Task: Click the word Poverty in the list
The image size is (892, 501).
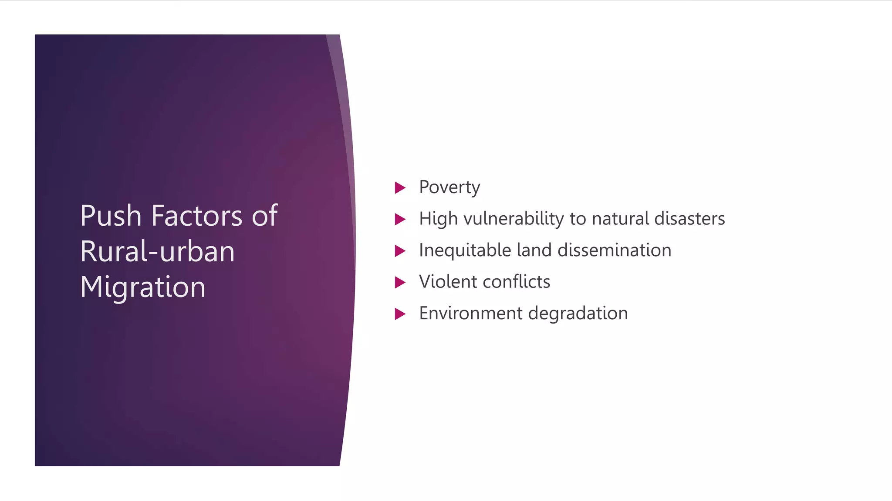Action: point(449,187)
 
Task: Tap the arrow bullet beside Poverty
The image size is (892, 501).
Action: point(400,188)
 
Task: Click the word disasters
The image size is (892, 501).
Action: point(689,218)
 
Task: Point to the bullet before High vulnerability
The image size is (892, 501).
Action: point(400,219)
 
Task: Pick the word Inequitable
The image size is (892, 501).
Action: point(465,250)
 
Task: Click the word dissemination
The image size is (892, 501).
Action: point(614,250)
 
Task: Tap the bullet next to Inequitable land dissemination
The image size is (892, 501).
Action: point(400,251)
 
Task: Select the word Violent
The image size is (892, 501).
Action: point(448,282)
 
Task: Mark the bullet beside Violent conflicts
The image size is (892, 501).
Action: point(400,283)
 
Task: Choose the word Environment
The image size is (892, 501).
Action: point(470,313)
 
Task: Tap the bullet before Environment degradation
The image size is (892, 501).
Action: point(400,314)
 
